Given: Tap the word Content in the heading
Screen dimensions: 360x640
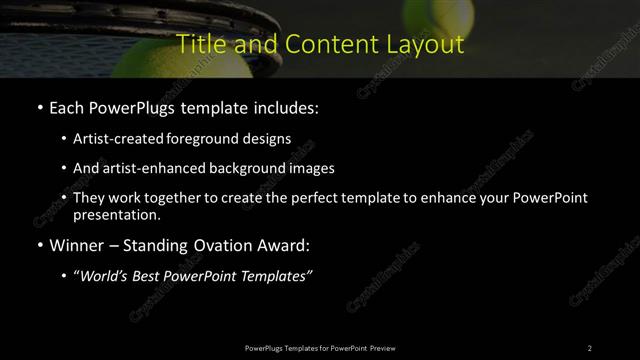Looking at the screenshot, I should pyautogui.click(x=323, y=45).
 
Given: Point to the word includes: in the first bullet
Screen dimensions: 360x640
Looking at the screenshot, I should pyautogui.click(x=287, y=107).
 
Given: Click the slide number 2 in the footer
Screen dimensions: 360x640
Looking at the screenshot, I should pyautogui.click(x=590, y=347).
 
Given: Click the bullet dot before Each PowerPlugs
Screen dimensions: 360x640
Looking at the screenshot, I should pyautogui.click(x=39, y=107).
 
